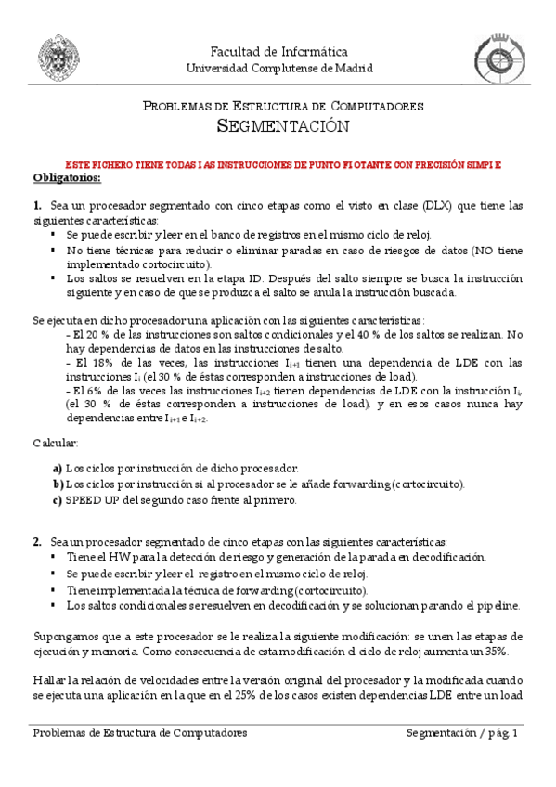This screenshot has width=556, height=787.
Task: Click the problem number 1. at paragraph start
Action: [37, 205]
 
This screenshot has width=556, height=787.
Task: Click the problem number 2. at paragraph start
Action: [37, 540]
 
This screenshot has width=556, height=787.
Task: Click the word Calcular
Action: [56, 444]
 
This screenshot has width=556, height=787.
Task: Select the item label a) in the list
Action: [58, 469]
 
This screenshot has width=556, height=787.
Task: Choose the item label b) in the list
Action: [58, 484]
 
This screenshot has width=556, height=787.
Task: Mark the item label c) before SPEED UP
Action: [58, 500]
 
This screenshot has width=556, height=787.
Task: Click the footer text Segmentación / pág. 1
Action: [461, 733]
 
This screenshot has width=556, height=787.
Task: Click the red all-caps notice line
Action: [278, 163]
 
